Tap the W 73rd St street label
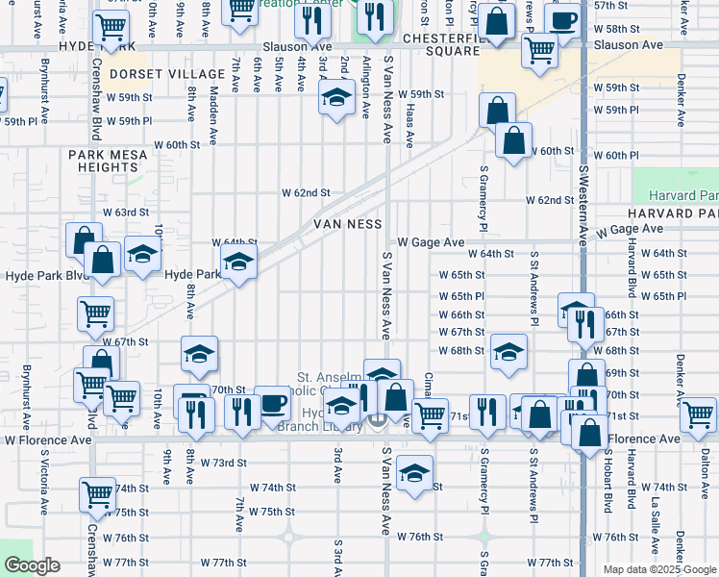[x=224, y=462]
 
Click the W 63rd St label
[x=127, y=212]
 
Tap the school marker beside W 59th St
[x=335, y=98]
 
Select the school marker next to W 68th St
[x=508, y=351]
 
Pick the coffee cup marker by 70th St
[x=272, y=403]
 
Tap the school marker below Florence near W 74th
[x=414, y=474]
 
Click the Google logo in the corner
[x=32, y=565]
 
